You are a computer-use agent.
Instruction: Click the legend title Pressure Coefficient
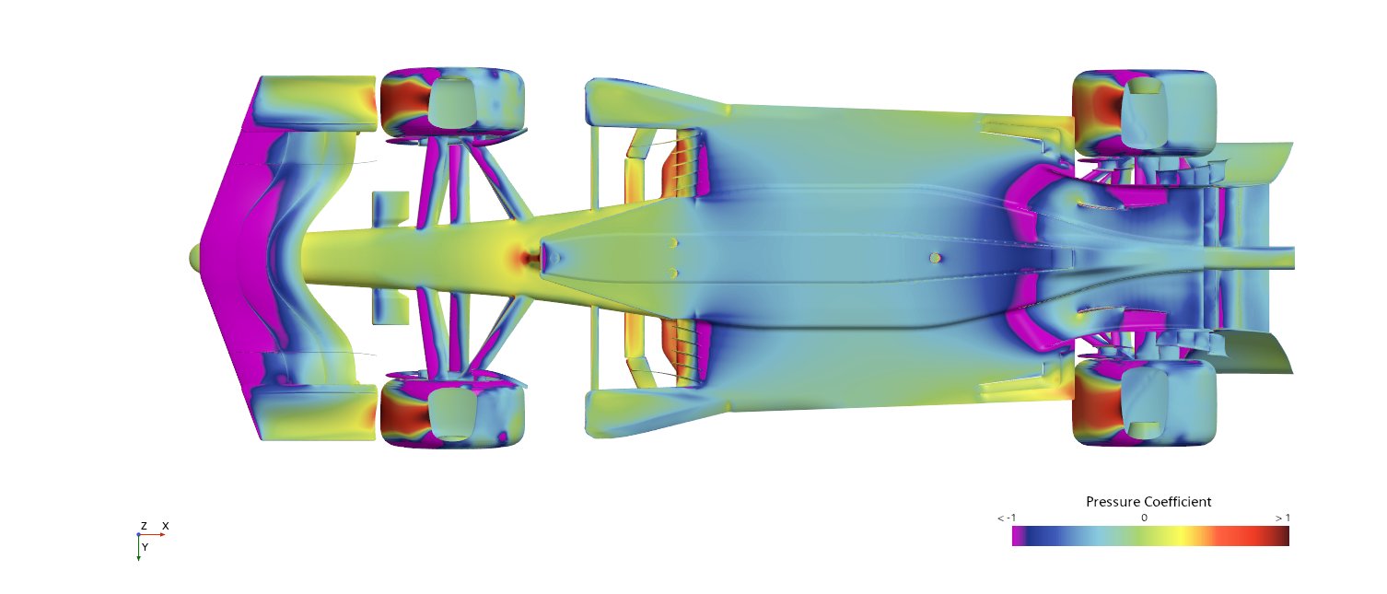1148,502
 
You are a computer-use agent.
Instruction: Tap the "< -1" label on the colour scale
1007,518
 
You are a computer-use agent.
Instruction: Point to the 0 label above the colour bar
1144,518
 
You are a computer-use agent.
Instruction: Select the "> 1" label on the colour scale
1282,518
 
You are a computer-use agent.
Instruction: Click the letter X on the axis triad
166,526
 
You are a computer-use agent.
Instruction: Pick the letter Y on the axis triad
145,548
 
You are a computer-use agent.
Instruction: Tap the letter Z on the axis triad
144,526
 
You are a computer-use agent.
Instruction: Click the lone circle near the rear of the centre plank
936,258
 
